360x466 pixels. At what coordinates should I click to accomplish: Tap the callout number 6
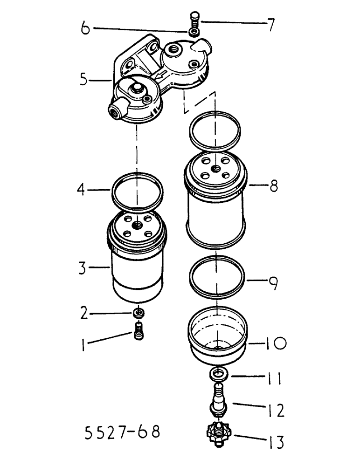tap(85, 28)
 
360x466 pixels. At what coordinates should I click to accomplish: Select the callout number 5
tap(83, 80)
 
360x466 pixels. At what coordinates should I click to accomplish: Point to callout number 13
tap(276, 441)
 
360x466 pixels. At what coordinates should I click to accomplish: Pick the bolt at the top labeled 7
tap(194, 21)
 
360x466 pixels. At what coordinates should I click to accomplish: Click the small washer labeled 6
tap(193, 32)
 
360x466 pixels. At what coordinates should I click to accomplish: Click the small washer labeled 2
tap(138, 313)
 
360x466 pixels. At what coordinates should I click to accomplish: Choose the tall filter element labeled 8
tap(215, 200)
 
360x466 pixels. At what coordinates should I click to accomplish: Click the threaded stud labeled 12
tap(217, 396)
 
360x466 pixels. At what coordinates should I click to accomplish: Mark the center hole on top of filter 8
tap(216, 167)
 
